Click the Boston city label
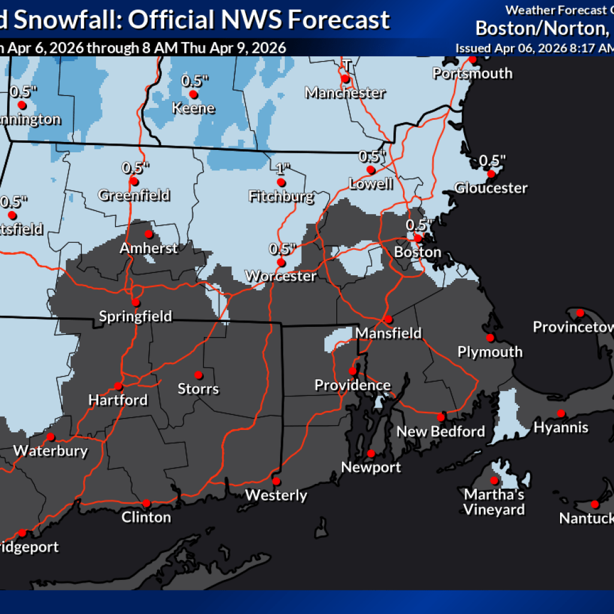(417, 252)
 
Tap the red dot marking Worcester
(281, 263)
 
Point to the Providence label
(353, 385)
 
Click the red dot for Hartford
(119, 386)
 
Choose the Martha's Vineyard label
(494, 502)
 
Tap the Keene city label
(193, 109)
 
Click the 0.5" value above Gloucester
(493, 160)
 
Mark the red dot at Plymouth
(490, 338)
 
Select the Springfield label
(136, 316)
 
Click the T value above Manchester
(346, 65)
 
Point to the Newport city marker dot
(371, 453)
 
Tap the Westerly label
(276, 495)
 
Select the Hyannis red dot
(561, 413)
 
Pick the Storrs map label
(198, 389)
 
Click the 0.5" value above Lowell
(371, 156)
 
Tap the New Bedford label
(441, 431)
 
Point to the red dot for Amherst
(148, 234)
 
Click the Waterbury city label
(50, 451)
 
